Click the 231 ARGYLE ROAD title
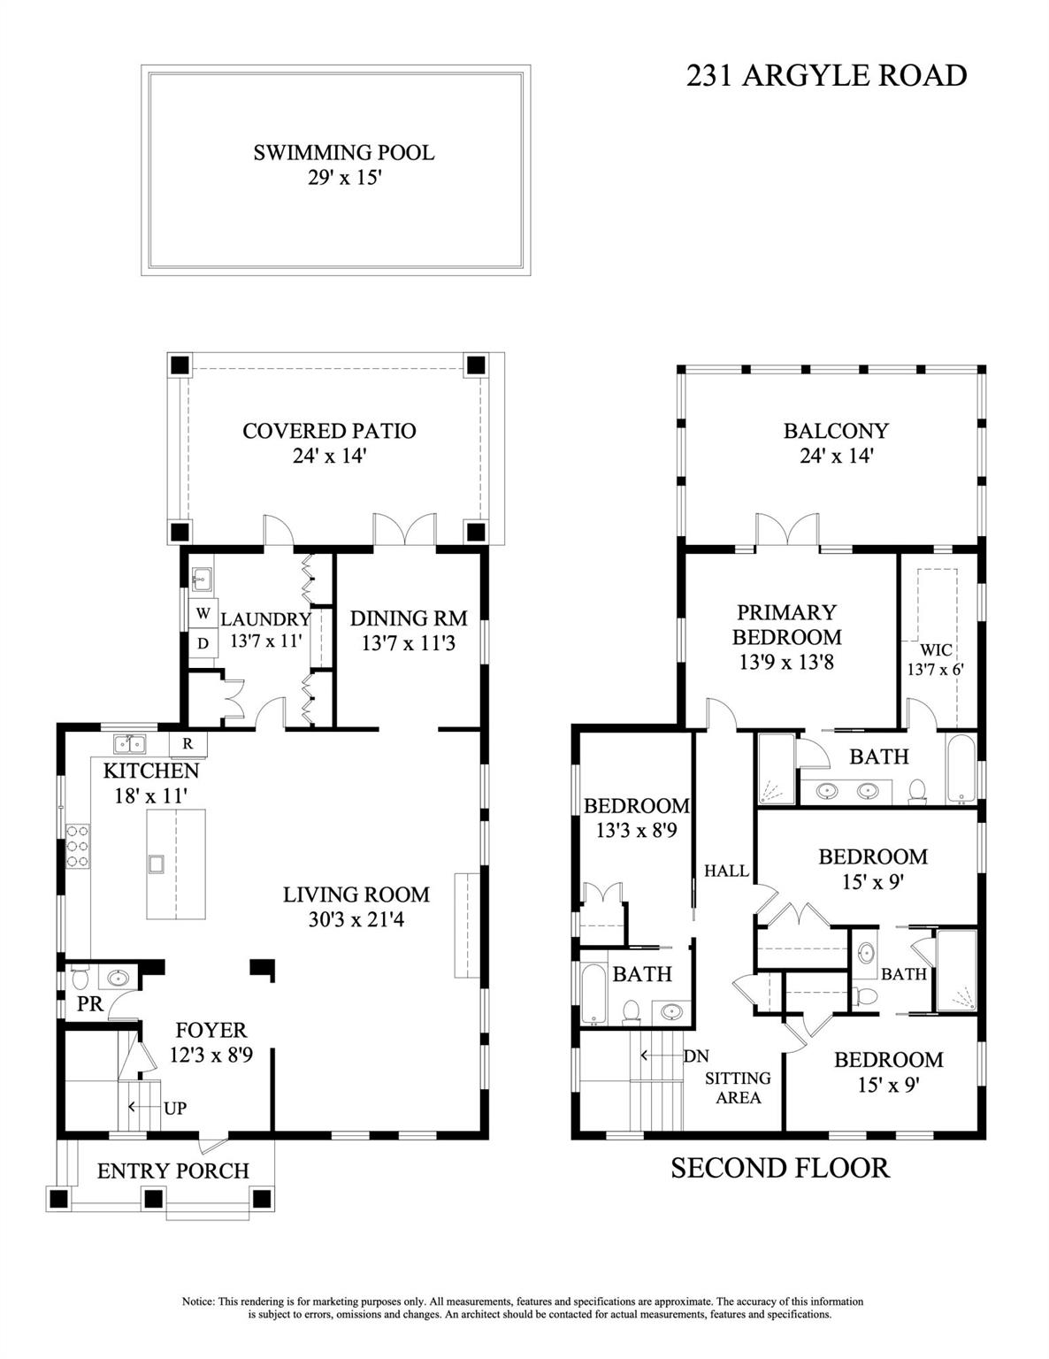point(826,76)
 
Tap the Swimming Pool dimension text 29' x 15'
point(343,178)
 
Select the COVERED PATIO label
point(329,431)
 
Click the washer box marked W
point(203,613)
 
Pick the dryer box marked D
point(203,643)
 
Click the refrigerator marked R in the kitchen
point(188,743)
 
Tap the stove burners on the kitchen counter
point(77,845)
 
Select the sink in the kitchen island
point(157,864)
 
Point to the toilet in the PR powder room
point(78,979)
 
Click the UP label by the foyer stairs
point(175,1108)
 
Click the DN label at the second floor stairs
point(696,1056)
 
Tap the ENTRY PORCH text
point(173,1171)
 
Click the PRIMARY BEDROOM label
point(786,624)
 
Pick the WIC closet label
point(935,650)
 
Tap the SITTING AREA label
point(738,1087)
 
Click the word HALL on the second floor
point(726,871)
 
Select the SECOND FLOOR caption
point(779,1168)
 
